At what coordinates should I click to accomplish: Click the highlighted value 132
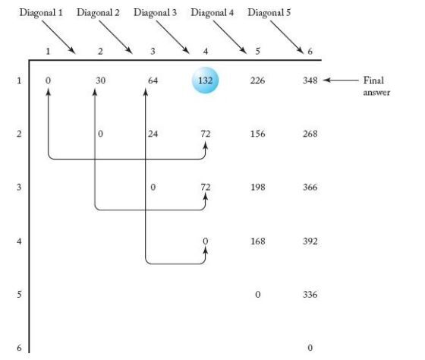tap(205, 81)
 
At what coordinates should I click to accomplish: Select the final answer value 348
tap(310, 81)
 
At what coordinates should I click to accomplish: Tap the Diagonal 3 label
tap(155, 13)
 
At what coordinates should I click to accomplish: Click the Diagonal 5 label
tap(269, 13)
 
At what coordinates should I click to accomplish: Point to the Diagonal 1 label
tap(41, 13)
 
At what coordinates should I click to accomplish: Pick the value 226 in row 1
tap(257, 81)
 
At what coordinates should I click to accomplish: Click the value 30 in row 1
tap(100, 81)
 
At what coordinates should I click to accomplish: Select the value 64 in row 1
tap(153, 81)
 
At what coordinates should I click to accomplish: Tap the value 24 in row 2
tap(153, 134)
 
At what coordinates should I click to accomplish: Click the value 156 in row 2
tap(257, 134)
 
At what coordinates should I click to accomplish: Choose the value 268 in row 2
tap(310, 134)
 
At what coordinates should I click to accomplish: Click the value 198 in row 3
tap(257, 187)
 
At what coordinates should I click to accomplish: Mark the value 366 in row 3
tap(310, 187)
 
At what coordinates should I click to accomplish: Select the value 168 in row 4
tap(257, 242)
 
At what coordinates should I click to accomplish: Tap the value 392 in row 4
tap(310, 242)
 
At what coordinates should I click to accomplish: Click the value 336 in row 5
tap(310, 295)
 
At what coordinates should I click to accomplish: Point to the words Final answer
tap(376, 87)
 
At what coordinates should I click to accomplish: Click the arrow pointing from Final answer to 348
tap(341, 80)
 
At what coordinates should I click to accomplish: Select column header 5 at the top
tap(257, 51)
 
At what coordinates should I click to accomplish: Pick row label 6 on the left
tap(19, 348)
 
